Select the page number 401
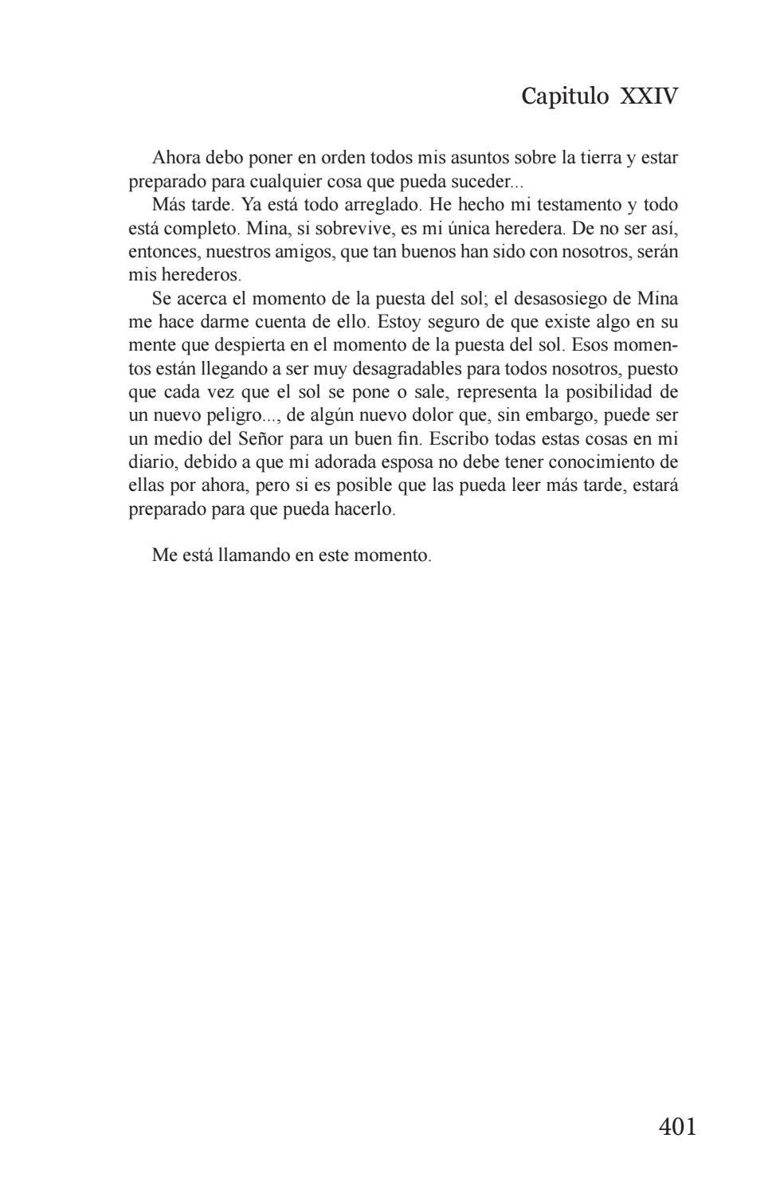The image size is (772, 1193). click(677, 1126)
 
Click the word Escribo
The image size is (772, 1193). click(459, 439)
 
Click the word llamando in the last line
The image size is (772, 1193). click(253, 555)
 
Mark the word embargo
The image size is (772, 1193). click(560, 416)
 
